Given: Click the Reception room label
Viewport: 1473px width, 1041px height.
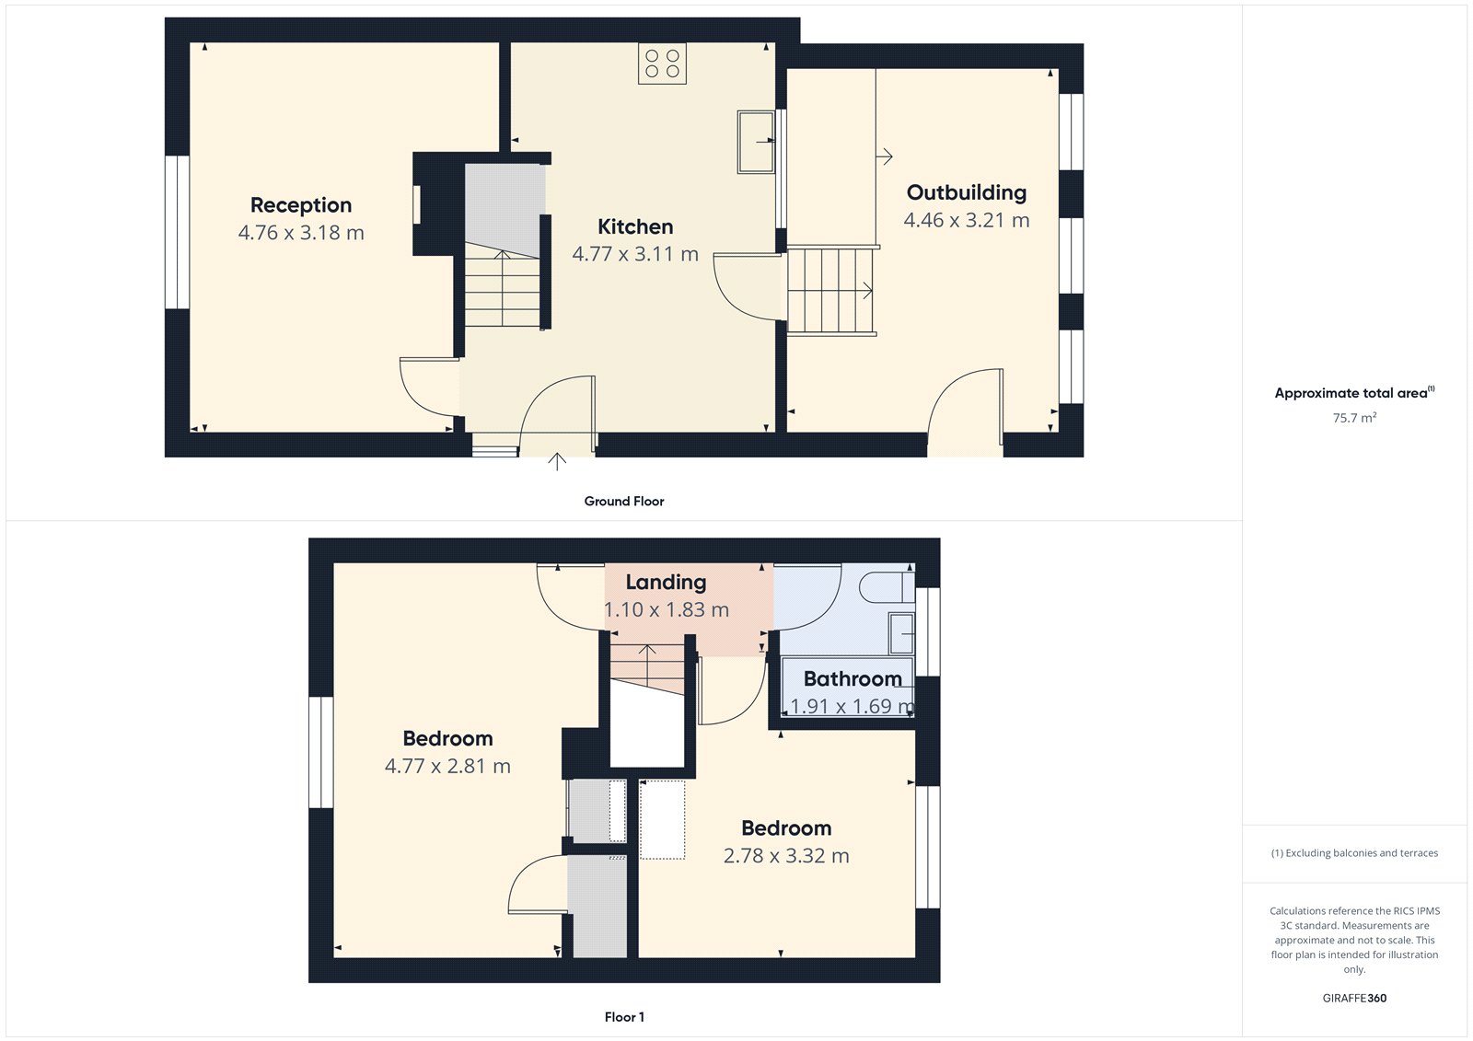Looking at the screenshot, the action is (301, 205).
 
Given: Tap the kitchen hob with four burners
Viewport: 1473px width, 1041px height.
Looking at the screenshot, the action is (662, 64).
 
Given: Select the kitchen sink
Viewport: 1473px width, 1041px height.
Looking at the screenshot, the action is (756, 142).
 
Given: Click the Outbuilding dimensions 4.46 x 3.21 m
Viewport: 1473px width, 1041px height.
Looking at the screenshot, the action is (967, 220).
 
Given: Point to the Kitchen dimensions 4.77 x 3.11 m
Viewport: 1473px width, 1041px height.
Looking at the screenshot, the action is (635, 254).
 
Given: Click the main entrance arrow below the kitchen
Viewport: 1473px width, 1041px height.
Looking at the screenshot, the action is (557, 462).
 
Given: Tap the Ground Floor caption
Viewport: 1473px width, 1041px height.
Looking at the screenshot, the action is (624, 501).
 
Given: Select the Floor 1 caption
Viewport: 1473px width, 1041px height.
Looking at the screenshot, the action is (624, 1017).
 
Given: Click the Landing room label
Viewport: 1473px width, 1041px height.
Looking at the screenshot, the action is (667, 582).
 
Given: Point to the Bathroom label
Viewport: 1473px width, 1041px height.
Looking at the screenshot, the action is (852, 678).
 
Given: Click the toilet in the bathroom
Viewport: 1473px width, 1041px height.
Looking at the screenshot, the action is (887, 587).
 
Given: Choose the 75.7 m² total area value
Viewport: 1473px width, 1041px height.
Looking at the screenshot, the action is (1354, 418).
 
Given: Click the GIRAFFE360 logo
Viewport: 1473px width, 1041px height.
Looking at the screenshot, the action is (1354, 998).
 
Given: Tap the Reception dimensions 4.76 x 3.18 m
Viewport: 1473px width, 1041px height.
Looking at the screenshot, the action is (301, 233).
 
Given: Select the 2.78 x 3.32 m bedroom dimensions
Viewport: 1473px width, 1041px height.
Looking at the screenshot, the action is (786, 856).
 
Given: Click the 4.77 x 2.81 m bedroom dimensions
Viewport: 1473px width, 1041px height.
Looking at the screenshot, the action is (447, 766).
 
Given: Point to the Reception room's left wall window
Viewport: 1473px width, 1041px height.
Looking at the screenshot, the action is (177, 232).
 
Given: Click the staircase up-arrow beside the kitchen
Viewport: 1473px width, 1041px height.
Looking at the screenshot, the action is (503, 287).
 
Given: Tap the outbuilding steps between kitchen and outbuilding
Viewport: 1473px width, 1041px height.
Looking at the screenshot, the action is (832, 291).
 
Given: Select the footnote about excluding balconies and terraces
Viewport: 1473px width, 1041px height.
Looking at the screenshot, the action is (1354, 853).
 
